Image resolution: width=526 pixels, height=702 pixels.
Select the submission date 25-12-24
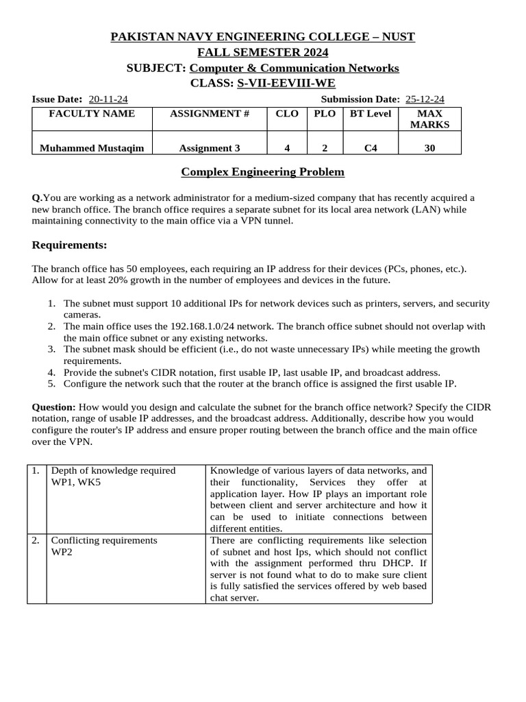(425, 99)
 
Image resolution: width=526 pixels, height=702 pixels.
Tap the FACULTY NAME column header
(92, 114)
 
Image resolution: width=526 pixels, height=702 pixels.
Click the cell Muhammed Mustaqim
(92, 147)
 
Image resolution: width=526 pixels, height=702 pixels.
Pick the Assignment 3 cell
(210, 147)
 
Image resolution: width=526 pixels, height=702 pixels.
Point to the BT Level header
(370, 114)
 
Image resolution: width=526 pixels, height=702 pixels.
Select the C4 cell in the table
(370, 147)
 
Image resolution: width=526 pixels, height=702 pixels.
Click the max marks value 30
(429, 147)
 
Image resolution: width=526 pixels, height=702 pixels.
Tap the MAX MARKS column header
(429, 119)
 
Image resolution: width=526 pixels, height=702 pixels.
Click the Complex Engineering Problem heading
(262, 172)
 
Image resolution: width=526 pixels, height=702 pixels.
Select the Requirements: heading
(69, 245)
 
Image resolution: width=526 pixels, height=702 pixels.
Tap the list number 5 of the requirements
(51, 384)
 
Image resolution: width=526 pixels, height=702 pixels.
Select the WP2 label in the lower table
(62, 552)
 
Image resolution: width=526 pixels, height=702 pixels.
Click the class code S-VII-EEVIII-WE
(286, 84)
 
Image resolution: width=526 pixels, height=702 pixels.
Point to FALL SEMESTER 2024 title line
(262, 52)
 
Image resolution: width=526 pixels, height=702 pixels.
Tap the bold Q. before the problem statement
(37, 197)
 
